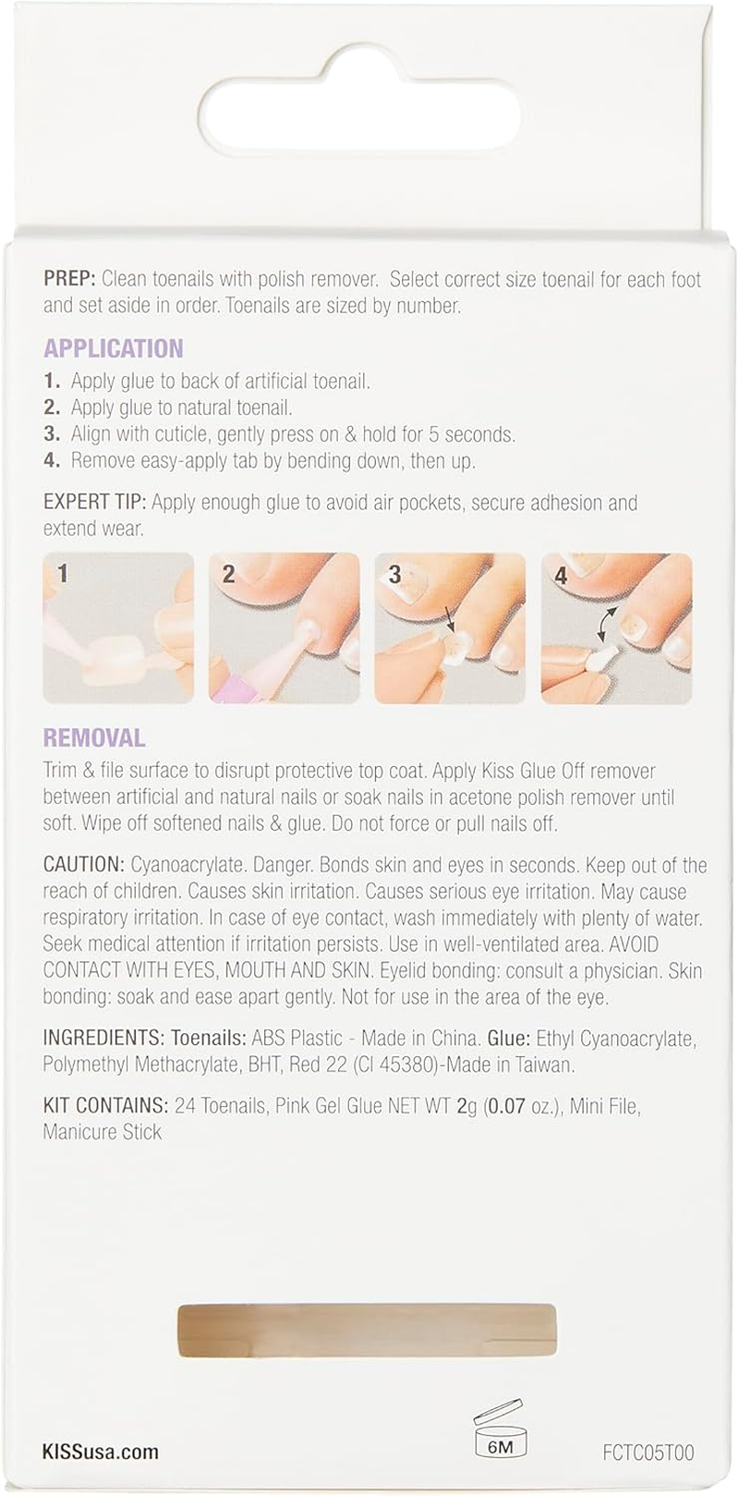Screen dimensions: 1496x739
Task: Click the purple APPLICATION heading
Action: tap(113, 348)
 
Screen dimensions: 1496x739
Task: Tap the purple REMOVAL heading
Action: tap(93, 737)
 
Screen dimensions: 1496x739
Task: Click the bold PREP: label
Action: tap(70, 279)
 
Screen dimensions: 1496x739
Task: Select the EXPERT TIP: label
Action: tap(95, 503)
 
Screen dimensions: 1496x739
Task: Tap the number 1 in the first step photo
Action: tap(63, 575)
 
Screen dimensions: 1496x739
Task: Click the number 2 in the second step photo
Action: tap(228, 575)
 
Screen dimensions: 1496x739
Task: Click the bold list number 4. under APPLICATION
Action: tap(53, 460)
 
